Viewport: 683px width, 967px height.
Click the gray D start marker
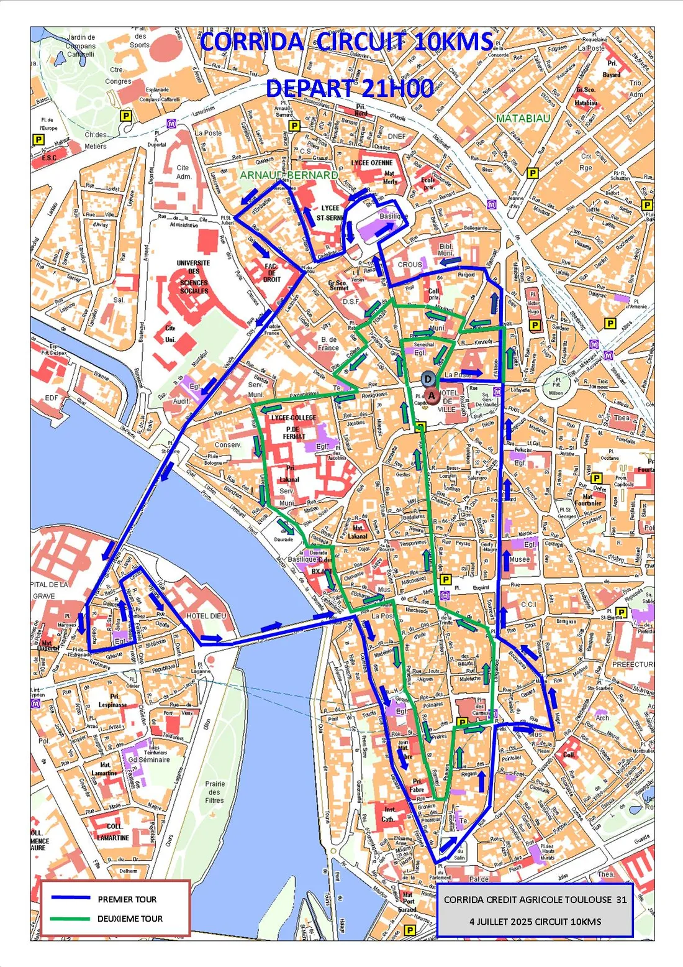click(x=428, y=379)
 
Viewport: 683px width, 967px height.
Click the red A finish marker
click(x=432, y=395)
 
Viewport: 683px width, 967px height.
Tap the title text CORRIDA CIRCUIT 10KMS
click(x=346, y=42)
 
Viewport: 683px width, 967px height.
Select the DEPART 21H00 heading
click(x=350, y=89)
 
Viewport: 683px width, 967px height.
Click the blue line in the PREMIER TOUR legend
click(x=71, y=898)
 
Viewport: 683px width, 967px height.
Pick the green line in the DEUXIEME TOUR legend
click(x=71, y=919)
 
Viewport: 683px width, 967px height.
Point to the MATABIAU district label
click(x=523, y=118)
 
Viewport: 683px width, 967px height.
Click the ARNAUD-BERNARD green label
click(x=289, y=175)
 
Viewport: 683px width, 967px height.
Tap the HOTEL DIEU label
click(x=206, y=616)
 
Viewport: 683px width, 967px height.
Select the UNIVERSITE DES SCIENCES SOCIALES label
click(x=194, y=277)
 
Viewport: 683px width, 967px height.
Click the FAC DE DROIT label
click(x=271, y=273)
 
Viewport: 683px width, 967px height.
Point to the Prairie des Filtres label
click(x=215, y=792)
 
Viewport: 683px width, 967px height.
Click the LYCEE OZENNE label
click(x=372, y=163)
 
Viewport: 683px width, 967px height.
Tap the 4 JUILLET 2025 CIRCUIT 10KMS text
click(x=535, y=921)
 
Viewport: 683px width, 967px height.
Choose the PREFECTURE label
click(x=633, y=664)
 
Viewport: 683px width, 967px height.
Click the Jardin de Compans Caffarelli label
click(x=81, y=46)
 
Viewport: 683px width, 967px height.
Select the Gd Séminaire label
click(x=148, y=759)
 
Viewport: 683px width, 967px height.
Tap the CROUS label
click(x=410, y=265)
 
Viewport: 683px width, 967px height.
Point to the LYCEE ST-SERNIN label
click(x=330, y=213)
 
